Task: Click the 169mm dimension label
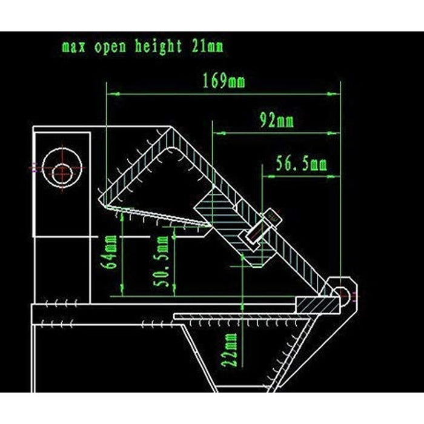(224, 81)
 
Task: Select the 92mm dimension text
(277, 121)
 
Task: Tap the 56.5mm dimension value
(302, 164)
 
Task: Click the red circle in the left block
(62, 173)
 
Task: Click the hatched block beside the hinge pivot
(317, 303)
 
